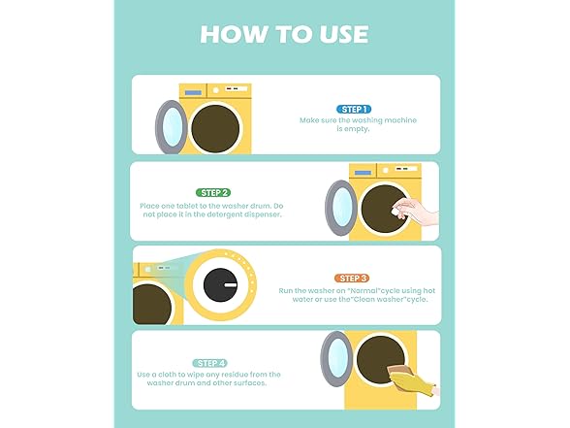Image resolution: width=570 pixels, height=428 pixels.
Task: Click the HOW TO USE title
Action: [284, 33]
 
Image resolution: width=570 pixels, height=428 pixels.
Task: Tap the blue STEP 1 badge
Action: [352, 109]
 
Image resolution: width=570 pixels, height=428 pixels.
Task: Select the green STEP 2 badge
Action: [212, 192]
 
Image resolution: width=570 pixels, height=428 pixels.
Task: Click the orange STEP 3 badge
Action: [351, 278]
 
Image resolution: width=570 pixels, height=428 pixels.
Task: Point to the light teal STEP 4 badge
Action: [210, 362]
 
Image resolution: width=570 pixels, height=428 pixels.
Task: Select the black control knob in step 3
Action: [222, 286]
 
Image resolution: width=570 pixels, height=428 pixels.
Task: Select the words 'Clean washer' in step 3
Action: [385, 299]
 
